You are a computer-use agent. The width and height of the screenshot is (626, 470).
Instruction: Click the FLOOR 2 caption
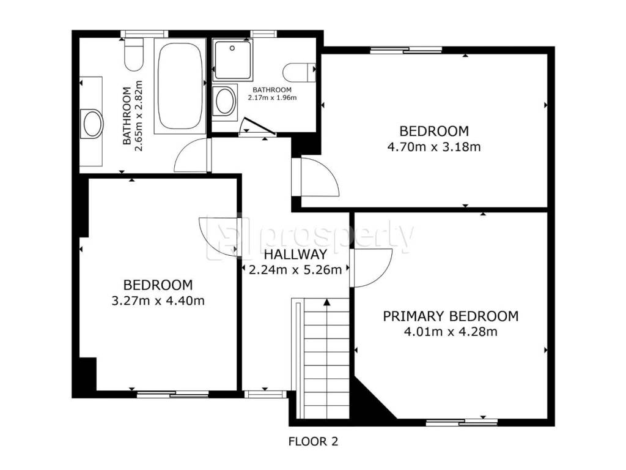pyautogui.click(x=313, y=442)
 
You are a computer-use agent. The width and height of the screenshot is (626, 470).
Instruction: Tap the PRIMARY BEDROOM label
pyautogui.click(x=451, y=316)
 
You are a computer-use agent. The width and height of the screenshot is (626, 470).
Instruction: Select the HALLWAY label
pyautogui.click(x=295, y=254)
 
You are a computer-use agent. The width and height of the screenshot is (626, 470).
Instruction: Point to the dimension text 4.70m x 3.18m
pyautogui.click(x=434, y=147)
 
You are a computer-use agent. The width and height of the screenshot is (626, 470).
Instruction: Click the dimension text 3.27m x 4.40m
pyautogui.click(x=158, y=300)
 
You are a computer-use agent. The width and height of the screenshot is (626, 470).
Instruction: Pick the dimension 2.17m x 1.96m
pyautogui.click(x=272, y=97)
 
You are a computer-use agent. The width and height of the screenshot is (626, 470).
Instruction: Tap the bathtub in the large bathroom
pyautogui.click(x=180, y=86)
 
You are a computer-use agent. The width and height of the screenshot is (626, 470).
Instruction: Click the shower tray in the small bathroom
pyautogui.click(x=233, y=60)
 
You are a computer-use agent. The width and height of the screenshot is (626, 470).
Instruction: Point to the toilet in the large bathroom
pyautogui.click(x=133, y=54)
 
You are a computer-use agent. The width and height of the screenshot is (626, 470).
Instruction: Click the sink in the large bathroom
pyautogui.click(x=93, y=124)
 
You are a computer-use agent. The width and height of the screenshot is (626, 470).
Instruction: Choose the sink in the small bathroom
pyautogui.click(x=224, y=101)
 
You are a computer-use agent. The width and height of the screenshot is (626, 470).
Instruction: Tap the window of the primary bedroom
pyautogui.click(x=462, y=422)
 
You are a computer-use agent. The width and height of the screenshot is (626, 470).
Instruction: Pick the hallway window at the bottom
pyautogui.click(x=265, y=395)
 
